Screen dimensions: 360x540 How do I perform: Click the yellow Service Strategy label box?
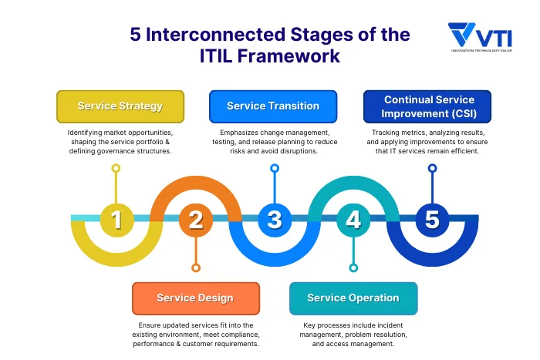[120, 106]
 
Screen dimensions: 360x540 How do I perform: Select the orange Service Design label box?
[194, 298]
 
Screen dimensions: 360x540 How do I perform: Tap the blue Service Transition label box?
[273, 106]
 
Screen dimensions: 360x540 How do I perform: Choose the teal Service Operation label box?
[353, 298]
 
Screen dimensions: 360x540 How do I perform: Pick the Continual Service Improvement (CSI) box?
[429, 106]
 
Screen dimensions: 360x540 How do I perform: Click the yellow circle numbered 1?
[116, 220]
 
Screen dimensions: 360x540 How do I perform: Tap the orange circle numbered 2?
[195, 220]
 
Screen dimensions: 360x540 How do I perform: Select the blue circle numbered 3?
[274, 220]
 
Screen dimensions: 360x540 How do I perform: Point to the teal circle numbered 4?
[353, 220]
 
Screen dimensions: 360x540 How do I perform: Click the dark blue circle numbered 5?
[432, 220]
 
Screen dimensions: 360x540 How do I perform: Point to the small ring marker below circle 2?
[195, 268]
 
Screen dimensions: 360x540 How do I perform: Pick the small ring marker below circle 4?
[353, 268]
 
